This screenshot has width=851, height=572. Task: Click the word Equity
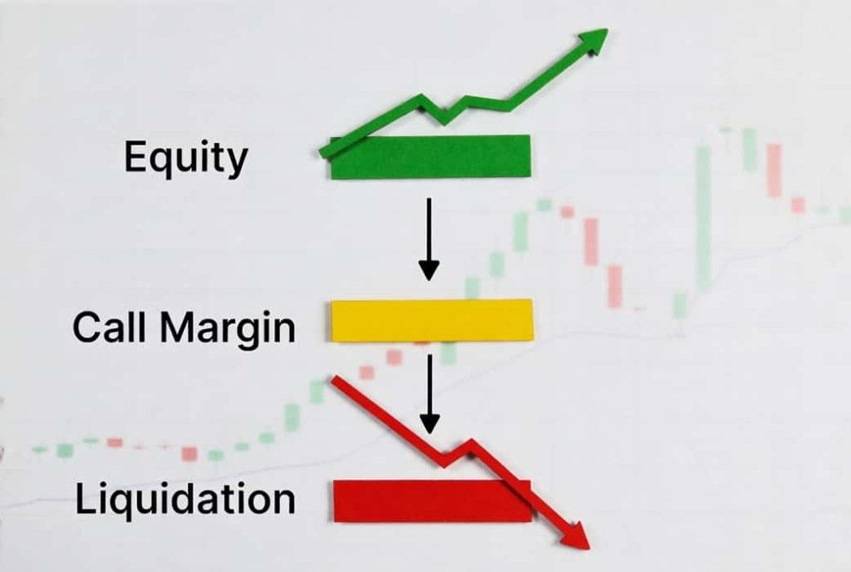(184, 158)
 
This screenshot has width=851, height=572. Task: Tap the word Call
(107, 327)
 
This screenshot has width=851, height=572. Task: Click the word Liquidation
(184, 499)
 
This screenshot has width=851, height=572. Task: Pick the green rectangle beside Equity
(430, 158)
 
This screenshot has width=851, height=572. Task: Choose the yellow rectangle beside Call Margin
(431, 320)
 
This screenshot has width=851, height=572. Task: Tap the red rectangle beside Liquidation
(431, 500)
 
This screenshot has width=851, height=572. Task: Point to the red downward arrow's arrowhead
(575, 537)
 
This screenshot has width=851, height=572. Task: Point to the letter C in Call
(86, 327)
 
